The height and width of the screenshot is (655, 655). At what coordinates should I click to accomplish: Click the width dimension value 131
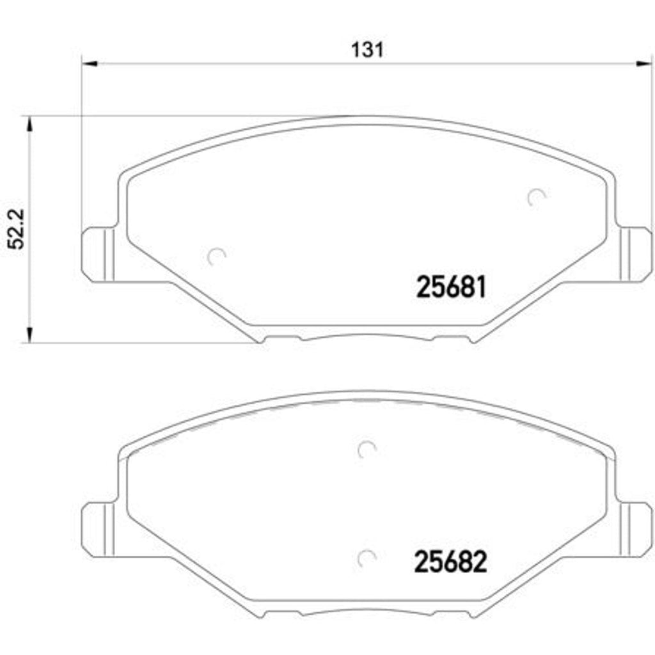pyautogui.click(x=367, y=49)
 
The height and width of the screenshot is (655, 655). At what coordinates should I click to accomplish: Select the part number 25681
pyautogui.click(x=452, y=287)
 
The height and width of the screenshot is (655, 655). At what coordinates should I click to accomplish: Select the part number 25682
pyautogui.click(x=452, y=562)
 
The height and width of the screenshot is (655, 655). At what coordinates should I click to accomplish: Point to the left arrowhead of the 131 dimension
pyautogui.click(x=88, y=63)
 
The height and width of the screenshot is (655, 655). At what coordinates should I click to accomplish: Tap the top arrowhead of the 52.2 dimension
pyautogui.click(x=28, y=123)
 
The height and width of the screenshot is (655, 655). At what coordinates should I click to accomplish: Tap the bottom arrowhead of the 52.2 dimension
pyautogui.click(x=28, y=336)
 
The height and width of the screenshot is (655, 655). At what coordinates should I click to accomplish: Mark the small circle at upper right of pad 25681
pyautogui.click(x=535, y=198)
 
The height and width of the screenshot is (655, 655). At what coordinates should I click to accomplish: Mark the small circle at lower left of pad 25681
pyautogui.click(x=218, y=256)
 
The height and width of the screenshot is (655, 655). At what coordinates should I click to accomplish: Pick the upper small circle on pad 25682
pyautogui.click(x=367, y=450)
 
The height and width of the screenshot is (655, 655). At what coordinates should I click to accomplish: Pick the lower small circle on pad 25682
pyautogui.click(x=367, y=558)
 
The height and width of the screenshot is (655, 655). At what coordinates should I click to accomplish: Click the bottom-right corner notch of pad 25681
pyautogui.click(x=473, y=339)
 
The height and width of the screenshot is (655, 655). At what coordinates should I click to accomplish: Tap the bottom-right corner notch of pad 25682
pyautogui.click(x=473, y=613)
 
